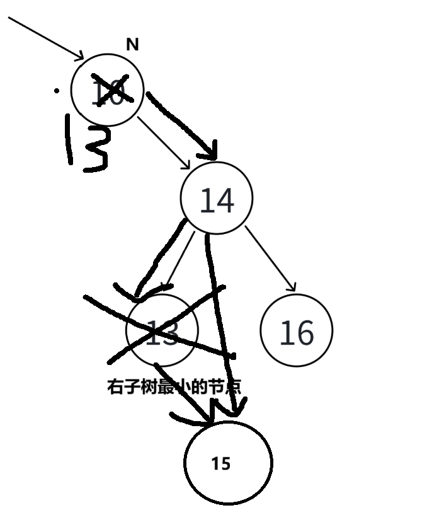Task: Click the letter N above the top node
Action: (x=132, y=45)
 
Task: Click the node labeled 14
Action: (x=216, y=199)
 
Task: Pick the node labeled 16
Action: (x=296, y=330)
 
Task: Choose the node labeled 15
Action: (x=228, y=463)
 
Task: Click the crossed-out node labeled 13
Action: (x=162, y=330)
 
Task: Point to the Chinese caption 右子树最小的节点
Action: (x=174, y=386)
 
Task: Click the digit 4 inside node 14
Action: (x=225, y=200)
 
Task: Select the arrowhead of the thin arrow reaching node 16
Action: (x=291, y=286)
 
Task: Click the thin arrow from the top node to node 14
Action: (x=164, y=142)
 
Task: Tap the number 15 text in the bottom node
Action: (x=221, y=465)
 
